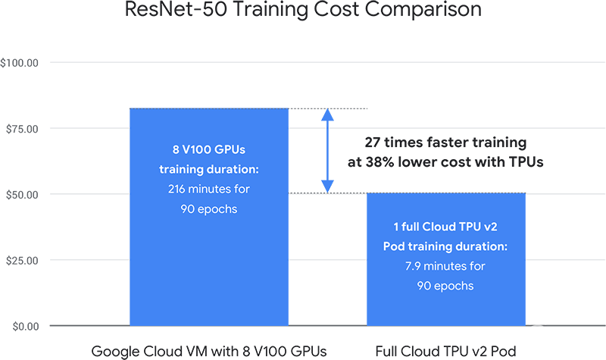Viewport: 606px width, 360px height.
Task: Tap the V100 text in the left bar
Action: pos(197,149)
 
